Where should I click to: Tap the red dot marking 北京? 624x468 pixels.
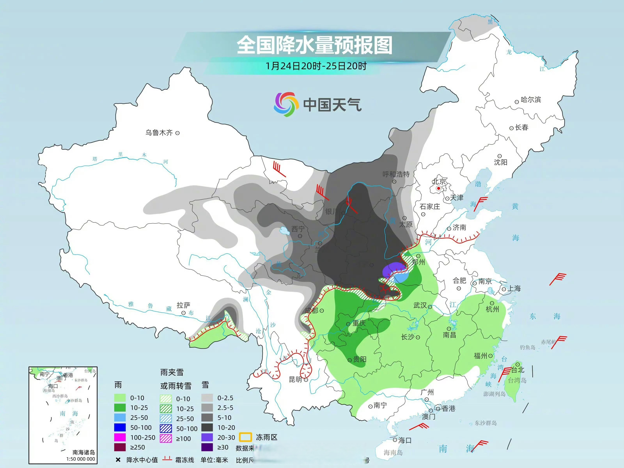(x=439, y=188)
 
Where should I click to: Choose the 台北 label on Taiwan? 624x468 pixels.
(x=518, y=370)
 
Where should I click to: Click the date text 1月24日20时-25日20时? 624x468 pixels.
(x=316, y=66)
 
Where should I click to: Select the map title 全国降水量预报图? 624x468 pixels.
(x=314, y=45)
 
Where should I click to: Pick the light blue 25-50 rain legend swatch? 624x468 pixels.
(x=120, y=417)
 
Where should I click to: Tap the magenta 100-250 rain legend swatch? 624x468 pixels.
(x=120, y=437)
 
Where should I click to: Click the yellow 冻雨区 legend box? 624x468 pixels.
(x=245, y=437)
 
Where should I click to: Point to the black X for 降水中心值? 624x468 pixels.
(x=118, y=460)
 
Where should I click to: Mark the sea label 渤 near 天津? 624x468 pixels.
(x=478, y=184)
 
